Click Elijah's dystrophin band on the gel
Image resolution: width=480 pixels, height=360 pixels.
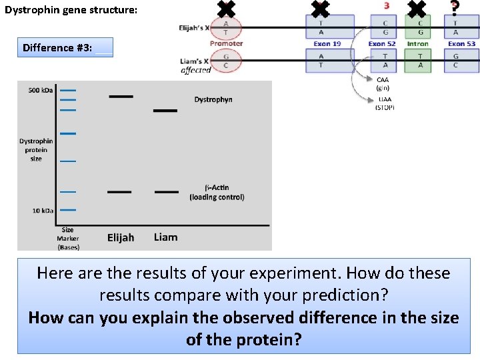(x=121, y=96)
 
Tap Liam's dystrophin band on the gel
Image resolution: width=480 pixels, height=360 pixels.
(x=165, y=110)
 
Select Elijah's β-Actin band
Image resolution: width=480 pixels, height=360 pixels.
(x=119, y=192)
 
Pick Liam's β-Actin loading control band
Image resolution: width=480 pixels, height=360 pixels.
(x=166, y=192)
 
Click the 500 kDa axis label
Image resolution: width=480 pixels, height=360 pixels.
(x=41, y=90)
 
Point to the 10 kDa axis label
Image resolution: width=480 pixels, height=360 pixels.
(x=43, y=211)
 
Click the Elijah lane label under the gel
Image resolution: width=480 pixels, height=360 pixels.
(x=121, y=237)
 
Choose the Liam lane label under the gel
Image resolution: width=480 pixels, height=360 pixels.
(x=165, y=237)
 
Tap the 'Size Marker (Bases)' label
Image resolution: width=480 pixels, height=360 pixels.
(x=67, y=238)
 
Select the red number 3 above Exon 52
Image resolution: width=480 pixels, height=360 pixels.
(x=387, y=6)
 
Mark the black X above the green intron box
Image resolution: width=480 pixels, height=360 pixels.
(x=417, y=8)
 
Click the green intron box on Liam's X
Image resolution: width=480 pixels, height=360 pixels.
(x=420, y=61)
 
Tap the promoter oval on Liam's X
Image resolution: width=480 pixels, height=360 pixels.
(x=226, y=61)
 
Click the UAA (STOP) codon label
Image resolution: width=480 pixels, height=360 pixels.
(x=385, y=103)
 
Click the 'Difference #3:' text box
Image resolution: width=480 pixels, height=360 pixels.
(x=65, y=47)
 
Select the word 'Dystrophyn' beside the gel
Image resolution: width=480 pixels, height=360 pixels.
(x=213, y=99)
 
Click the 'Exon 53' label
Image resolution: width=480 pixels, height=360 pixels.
(x=461, y=44)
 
